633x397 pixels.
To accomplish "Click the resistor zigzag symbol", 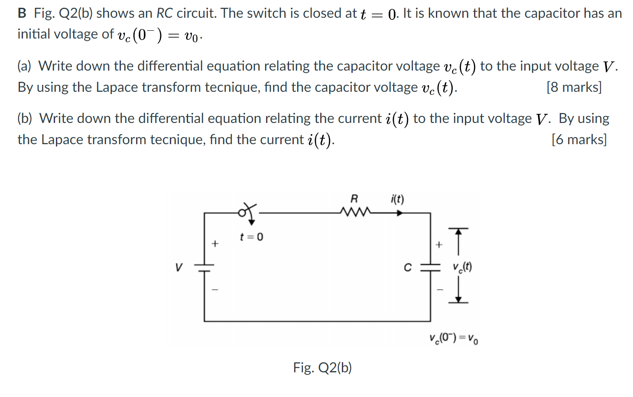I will (355, 212).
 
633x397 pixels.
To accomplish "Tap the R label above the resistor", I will (354, 199).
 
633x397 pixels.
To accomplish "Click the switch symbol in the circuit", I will (247, 212).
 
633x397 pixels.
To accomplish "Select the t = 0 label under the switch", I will (251, 237).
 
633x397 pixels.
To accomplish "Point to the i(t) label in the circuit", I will (397, 199).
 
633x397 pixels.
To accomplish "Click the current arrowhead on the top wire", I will (399, 213).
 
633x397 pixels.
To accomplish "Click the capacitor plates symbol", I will (430, 268).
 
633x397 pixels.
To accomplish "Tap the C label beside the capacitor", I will (407, 268).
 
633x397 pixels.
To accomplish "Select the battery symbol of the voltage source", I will (204, 268).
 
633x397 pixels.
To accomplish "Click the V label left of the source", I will (179, 267).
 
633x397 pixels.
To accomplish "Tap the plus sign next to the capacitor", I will (439, 245).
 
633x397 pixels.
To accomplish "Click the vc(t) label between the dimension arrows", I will (462, 267).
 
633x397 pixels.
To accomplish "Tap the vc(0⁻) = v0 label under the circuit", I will (454, 338).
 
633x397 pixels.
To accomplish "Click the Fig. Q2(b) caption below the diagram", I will (322, 368).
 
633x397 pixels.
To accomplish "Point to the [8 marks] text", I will (574, 87).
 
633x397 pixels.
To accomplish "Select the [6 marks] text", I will (579, 139).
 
